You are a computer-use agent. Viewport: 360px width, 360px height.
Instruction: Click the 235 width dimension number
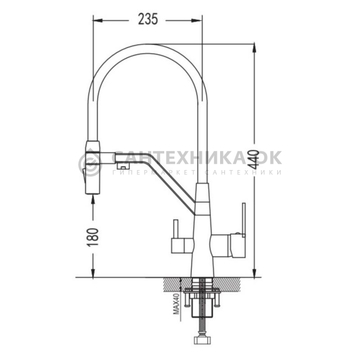148,19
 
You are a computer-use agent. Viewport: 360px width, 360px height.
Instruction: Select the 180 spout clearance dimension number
93,237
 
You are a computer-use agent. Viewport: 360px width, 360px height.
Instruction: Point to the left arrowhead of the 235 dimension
97,21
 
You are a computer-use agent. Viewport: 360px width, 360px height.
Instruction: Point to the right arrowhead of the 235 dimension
198,21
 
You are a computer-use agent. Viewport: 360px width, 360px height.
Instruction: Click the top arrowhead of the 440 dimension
254,48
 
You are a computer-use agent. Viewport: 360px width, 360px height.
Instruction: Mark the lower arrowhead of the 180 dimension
93,273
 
